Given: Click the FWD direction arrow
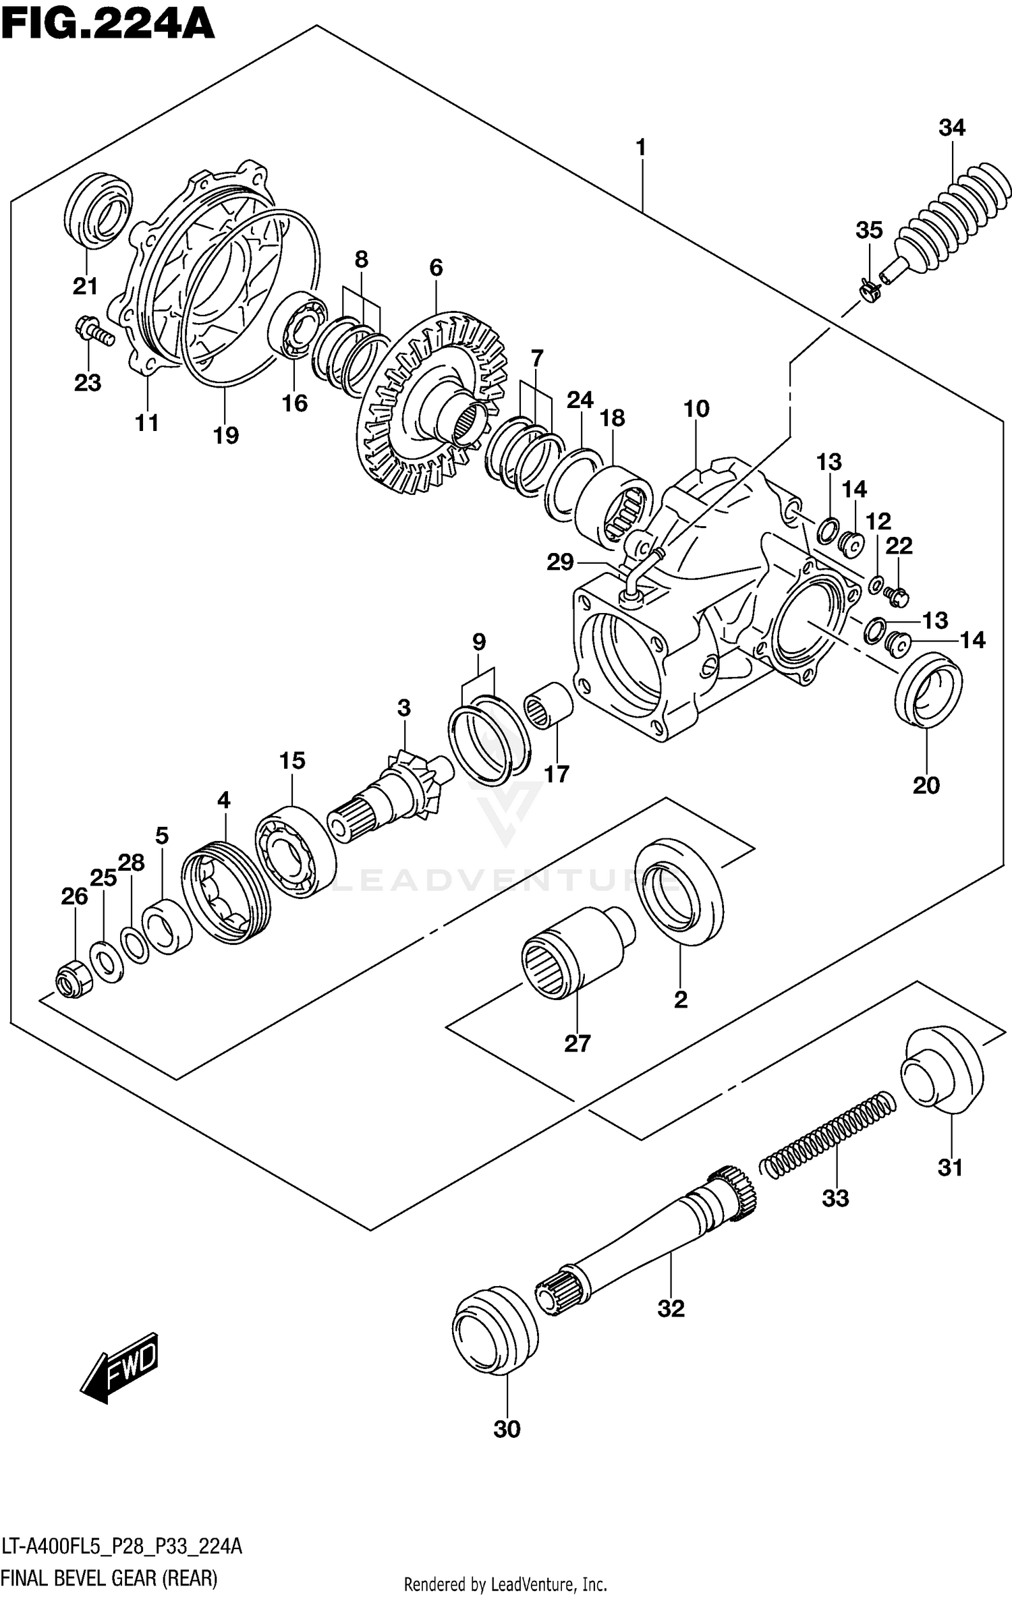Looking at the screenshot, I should point(119,1367).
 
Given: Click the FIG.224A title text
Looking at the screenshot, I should point(108,26).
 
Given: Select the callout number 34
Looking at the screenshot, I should point(951,127).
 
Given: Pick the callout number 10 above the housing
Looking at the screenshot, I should point(696,409).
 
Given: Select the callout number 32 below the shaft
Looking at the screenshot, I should point(671,1308).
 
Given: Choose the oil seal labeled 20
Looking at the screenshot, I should point(928,689).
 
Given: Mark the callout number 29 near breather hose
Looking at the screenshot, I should point(560,562).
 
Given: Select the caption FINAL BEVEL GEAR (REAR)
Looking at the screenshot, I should point(109,1578).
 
